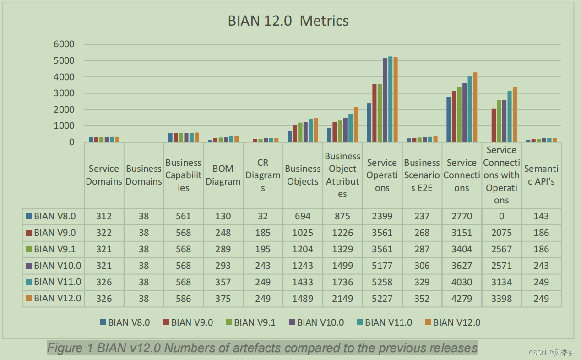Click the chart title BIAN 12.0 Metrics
pyautogui.click(x=288, y=21)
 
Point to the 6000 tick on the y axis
pyautogui.click(x=64, y=44)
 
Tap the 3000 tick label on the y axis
pyautogui.click(x=64, y=93)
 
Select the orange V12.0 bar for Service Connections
pyautogui.click(x=475, y=108)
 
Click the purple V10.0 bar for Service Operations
pyautogui.click(x=385, y=100)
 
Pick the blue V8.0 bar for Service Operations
pyautogui.click(x=369, y=122)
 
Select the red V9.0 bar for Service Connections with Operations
pyautogui.click(x=494, y=125)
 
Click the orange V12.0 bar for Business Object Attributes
pyautogui.click(x=356, y=125)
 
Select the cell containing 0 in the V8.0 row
pyautogui.click(x=501, y=216)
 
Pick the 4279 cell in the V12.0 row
pyautogui.click(x=462, y=299)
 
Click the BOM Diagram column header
pyautogui.click(x=223, y=175)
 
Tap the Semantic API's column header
pyautogui.click(x=541, y=175)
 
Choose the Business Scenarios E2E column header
pyautogui.click(x=422, y=175)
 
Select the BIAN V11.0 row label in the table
pyautogui.click(x=57, y=282)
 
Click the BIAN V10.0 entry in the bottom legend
pyautogui.click(x=320, y=322)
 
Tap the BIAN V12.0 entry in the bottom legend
pyautogui.click(x=456, y=322)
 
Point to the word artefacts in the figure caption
pyautogui.click(x=254, y=348)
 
